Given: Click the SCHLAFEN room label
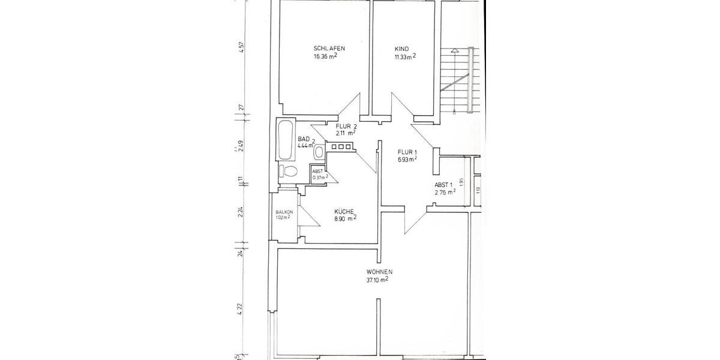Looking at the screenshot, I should pos(329,49).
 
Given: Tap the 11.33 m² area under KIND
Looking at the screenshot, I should pos(405,57).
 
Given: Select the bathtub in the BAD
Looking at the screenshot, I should pos(284,140).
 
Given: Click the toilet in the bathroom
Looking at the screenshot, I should pos(289,171).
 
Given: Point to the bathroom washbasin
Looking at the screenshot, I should pos(319,152).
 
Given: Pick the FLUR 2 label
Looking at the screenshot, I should pos(346,127).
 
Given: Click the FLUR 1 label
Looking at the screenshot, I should pos(407,152).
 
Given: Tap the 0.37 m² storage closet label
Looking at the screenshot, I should pos(318,177).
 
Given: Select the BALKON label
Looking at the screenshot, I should pos(284,212).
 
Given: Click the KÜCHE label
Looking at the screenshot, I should pos(344,211).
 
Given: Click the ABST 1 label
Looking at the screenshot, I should pos(444,185).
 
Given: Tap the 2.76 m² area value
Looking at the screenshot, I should pos(445,193).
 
